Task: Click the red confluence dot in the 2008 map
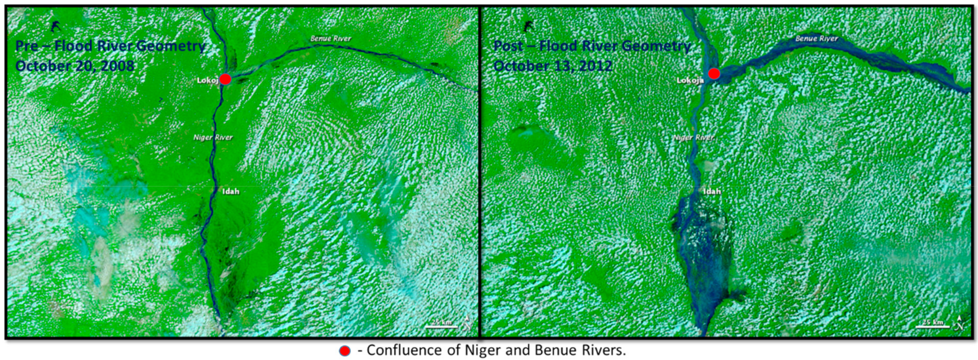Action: pos(225,79)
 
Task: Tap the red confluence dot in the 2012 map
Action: pos(714,74)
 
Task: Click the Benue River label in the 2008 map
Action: pos(330,38)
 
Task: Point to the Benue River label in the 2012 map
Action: pos(816,38)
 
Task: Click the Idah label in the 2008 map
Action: pos(231,191)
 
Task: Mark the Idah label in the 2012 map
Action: pos(712,191)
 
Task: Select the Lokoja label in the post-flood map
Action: pos(690,80)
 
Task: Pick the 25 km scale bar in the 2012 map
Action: pos(932,324)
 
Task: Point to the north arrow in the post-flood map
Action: pos(959,323)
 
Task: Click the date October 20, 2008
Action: pos(75,66)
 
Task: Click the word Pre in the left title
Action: pos(27,46)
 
